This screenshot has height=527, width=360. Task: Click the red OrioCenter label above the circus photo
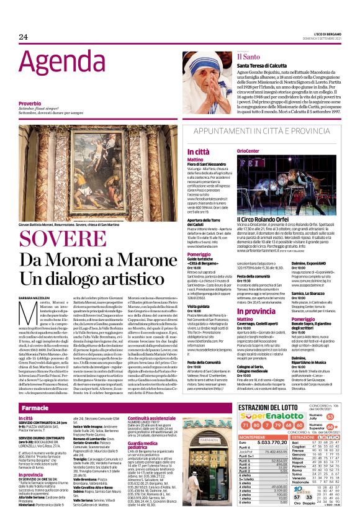(249, 151)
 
